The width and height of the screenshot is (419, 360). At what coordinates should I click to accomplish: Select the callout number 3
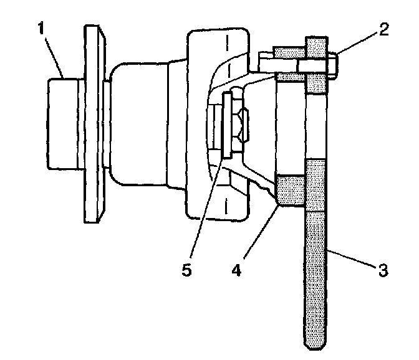pos(382,269)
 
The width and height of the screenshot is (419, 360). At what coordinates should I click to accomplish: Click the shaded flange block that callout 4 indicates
pos(291,190)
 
